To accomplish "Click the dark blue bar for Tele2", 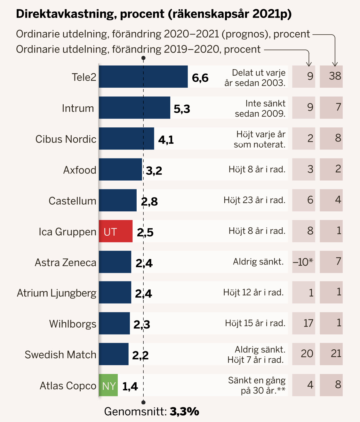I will point(143,77).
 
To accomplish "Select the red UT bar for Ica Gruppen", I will point(116,231).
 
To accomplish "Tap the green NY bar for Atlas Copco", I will point(108,385).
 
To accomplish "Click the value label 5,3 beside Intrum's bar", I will point(182,109).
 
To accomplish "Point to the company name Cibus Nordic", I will point(66,139).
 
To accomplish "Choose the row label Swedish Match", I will point(60,354).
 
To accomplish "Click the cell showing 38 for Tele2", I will point(331,76).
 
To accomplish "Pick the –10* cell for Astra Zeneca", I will point(303,262).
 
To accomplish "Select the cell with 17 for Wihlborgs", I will point(304,323).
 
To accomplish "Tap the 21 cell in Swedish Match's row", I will point(331,354).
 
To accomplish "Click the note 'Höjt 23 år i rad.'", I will point(254,200).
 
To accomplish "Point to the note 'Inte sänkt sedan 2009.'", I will point(260,108).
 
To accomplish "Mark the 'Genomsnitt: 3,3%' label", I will point(152,411).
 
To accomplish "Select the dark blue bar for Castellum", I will point(117,200).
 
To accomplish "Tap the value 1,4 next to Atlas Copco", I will point(130,386).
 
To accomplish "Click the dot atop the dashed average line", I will point(143,58).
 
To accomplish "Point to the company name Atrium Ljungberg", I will point(57,293).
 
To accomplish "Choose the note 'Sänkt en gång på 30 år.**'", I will point(257,385).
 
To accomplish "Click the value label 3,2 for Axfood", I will point(154,171).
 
